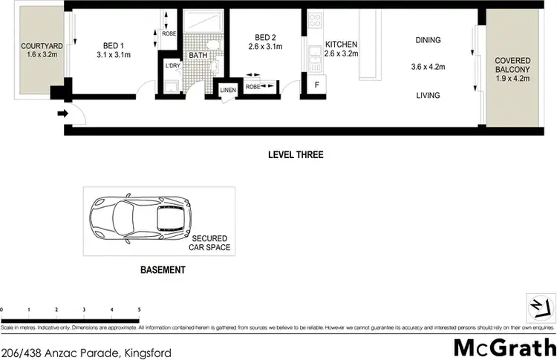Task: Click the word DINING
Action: coord(428,40)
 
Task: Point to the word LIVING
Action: coord(428,95)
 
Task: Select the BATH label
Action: coord(198,55)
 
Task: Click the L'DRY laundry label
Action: coord(172,67)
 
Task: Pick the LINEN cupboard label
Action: coord(227,91)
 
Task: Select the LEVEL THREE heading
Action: coord(296,155)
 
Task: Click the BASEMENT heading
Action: coord(163,270)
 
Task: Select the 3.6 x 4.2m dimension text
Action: coord(428,68)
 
